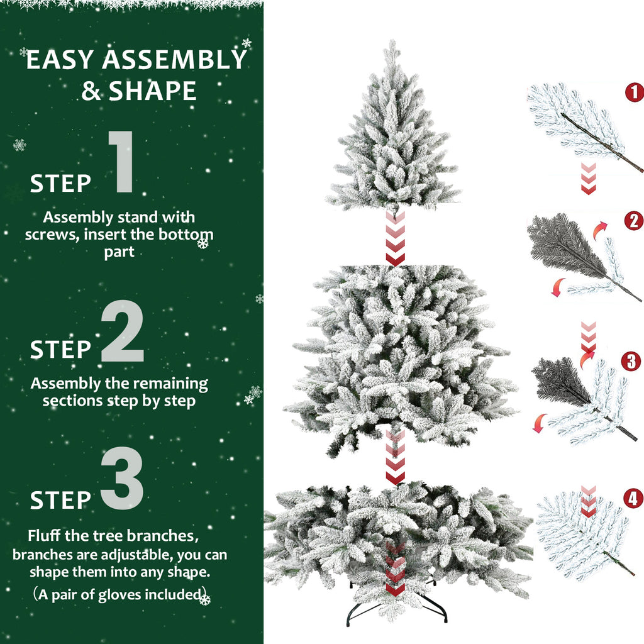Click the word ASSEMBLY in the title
(174, 60)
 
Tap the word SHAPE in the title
(153, 91)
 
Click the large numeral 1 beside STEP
(121, 162)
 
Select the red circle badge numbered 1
(634, 92)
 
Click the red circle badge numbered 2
(633, 220)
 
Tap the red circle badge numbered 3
(631, 362)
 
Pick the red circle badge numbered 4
(633, 499)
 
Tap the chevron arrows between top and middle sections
(395, 239)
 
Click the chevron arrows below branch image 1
(587, 178)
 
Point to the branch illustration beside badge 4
(582, 535)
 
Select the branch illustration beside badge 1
(579, 123)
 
